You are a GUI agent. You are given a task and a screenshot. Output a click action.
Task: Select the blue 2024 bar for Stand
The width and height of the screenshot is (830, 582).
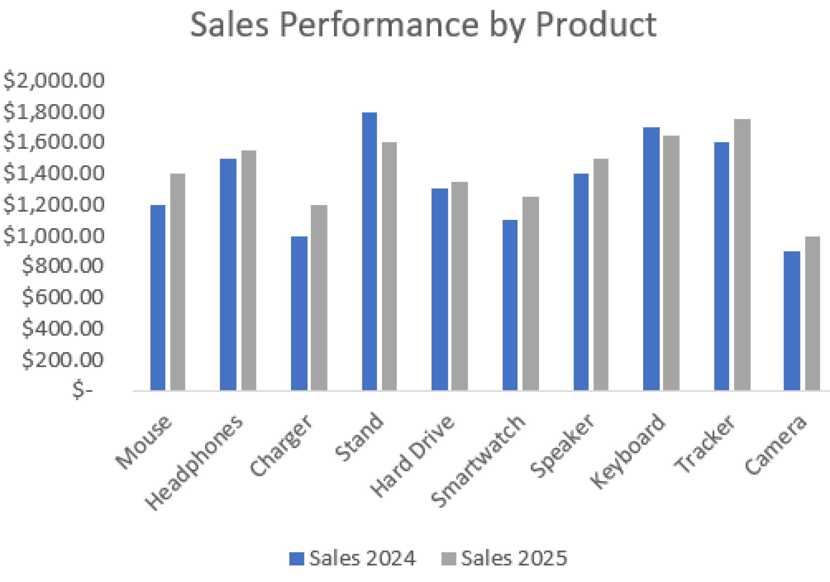(x=369, y=251)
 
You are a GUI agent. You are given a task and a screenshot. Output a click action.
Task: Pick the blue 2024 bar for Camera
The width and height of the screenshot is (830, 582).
(x=791, y=321)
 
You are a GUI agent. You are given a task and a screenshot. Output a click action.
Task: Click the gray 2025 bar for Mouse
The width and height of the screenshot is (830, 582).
(x=178, y=282)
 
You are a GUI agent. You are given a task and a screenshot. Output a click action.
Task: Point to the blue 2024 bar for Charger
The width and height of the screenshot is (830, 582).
(x=299, y=313)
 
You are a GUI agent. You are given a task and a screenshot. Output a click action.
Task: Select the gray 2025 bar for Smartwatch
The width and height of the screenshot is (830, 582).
(x=531, y=293)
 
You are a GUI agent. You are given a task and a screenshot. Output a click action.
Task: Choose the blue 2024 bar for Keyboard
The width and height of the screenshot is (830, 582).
(x=651, y=259)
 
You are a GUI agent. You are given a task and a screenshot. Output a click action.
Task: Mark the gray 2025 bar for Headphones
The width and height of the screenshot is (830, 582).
(x=249, y=270)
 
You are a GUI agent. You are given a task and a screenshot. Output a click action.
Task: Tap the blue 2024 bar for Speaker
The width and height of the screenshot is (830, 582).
(x=581, y=282)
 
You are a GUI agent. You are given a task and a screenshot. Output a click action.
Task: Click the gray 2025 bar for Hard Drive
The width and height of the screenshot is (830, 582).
(x=460, y=286)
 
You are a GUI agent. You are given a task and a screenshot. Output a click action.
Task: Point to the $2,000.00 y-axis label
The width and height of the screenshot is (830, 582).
(x=54, y=80)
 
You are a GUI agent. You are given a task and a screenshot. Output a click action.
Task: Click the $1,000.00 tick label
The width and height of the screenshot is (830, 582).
(x=54, y=235)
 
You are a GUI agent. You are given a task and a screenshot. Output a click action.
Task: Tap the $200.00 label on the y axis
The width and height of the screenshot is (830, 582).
(x=63, y=359)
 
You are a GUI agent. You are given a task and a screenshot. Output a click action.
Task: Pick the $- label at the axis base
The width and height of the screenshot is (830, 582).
(x=82, y=390)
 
